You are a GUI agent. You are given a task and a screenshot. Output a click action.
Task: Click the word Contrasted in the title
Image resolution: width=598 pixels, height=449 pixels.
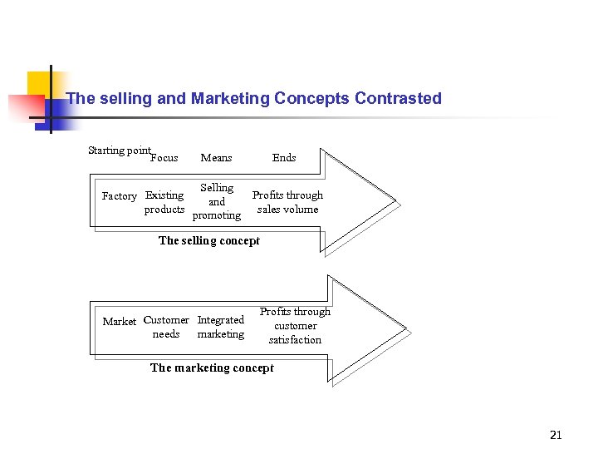[x=398, y=98]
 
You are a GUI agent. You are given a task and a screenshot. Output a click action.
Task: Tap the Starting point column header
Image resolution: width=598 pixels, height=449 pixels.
[x=119, y=150]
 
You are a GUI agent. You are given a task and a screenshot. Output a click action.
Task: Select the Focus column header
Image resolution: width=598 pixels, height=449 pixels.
[x=164, y=158]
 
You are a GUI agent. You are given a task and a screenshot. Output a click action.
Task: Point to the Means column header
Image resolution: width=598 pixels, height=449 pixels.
[x=216, y=158]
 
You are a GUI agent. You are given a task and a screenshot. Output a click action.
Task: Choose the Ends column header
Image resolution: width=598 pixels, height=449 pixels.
[x=284, y=158]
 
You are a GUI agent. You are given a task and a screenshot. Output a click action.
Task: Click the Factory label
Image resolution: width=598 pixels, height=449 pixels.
[x=119, y=196]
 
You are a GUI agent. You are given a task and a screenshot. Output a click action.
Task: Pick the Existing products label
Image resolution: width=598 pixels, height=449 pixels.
[x=164, y=202]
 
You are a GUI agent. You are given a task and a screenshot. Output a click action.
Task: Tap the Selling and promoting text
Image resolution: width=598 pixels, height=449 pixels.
[x=217, y=202]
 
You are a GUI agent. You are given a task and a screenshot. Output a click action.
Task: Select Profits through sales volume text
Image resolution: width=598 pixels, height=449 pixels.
[x=287, y=202]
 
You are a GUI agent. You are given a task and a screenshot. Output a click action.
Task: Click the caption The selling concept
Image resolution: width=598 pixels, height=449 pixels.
[x=209, y=240]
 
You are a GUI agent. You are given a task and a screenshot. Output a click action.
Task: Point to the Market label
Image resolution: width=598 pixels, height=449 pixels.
[x=119, y=322]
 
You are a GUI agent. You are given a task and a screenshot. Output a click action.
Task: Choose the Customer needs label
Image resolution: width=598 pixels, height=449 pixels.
[x=166, y=327]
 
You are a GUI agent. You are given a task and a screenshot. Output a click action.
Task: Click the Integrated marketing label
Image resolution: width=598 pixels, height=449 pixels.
[x=221, y=327]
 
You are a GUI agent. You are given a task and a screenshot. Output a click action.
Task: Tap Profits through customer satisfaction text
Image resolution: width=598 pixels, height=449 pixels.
[x=295, y=326]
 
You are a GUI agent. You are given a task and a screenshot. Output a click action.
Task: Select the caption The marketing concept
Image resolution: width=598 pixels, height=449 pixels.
[x=212, y=368]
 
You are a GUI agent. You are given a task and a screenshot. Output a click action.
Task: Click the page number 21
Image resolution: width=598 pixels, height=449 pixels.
[x=556, y=435]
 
